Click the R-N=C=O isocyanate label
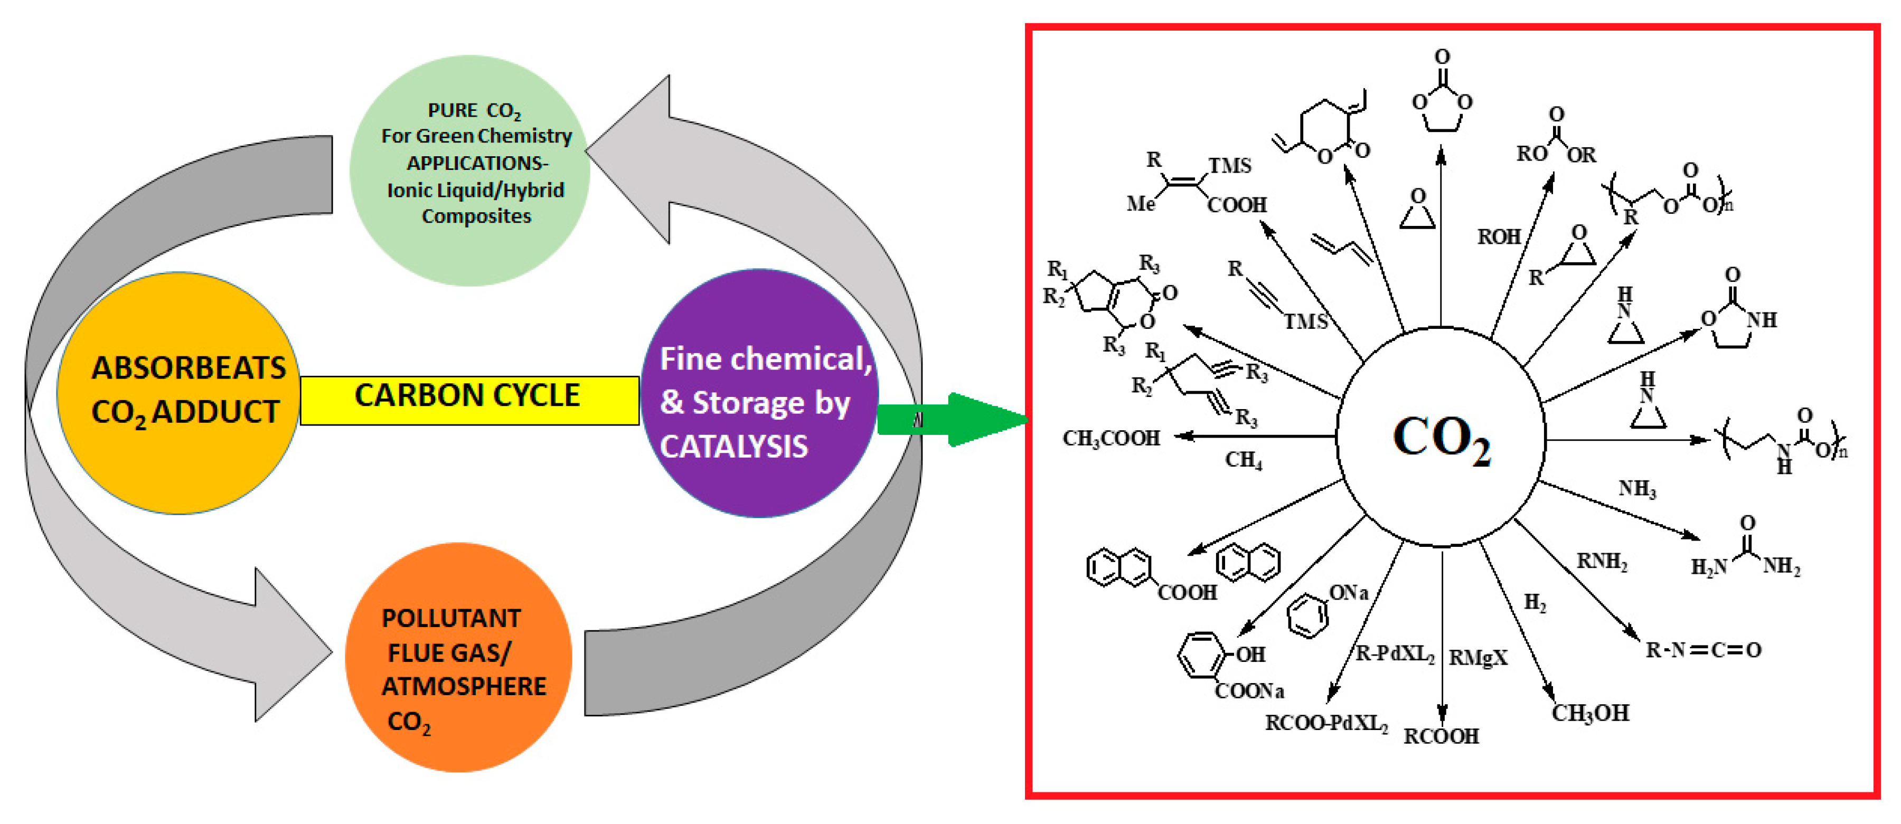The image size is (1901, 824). click(x=1702, y=650)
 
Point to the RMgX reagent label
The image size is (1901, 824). click(x=1477, y=657)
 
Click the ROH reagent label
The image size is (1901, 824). click(x=1498, y=237)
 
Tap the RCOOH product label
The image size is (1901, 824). click(x=1441, y=736)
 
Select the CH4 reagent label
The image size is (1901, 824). click(x=1244, y=460)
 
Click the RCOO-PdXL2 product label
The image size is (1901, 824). click(x=1326, y=723)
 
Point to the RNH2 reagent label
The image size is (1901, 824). click(x=1602, y=562)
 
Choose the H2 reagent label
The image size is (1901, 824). click(x=1535, y=603)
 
